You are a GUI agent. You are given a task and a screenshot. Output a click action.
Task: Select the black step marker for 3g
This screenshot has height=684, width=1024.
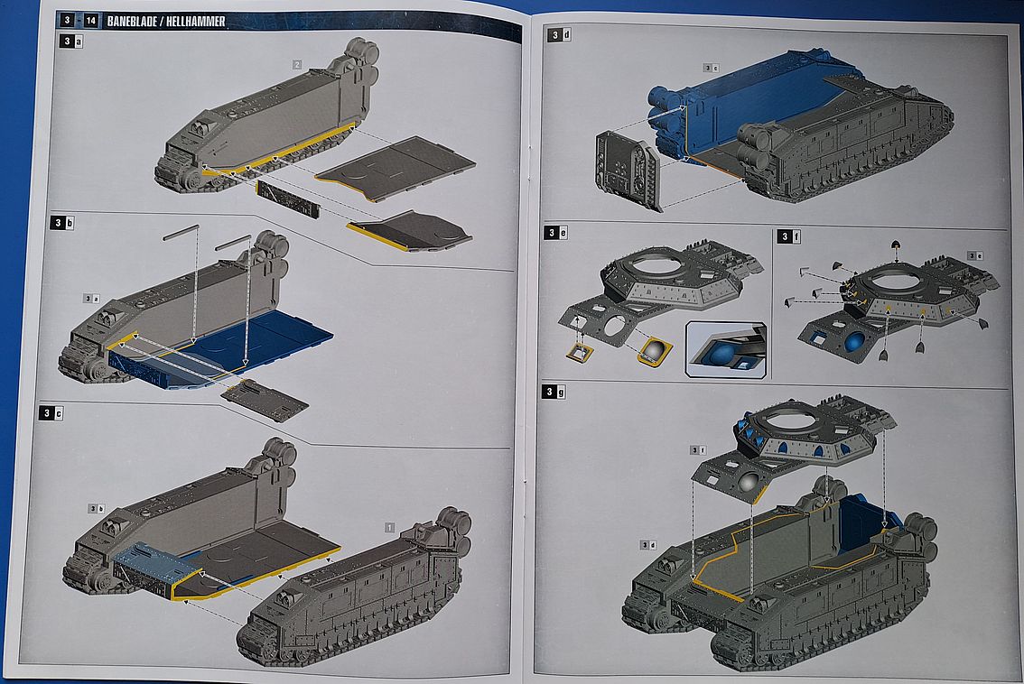click(x=550, y=391)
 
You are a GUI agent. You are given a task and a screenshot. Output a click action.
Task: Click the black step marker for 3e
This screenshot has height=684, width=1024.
click(x=550, y=233)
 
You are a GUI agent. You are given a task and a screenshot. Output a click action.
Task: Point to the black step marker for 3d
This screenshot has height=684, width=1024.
click(x=550, y=35)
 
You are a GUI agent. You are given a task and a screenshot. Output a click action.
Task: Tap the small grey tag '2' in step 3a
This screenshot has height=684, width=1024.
click(x=296, y=64)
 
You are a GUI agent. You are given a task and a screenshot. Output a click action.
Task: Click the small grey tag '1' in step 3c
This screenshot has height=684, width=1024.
click(x=389, y=525)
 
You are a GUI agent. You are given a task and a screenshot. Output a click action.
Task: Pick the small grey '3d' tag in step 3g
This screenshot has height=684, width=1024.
click(x=647, y=544)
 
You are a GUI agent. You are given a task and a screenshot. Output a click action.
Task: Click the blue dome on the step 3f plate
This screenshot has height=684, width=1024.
click(x=853, y=342)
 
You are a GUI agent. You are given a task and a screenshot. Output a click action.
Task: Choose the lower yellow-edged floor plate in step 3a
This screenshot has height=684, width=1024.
click(x=411, y=231)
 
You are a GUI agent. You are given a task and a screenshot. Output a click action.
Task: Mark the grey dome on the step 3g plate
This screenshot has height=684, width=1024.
click(x=749, y=484)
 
